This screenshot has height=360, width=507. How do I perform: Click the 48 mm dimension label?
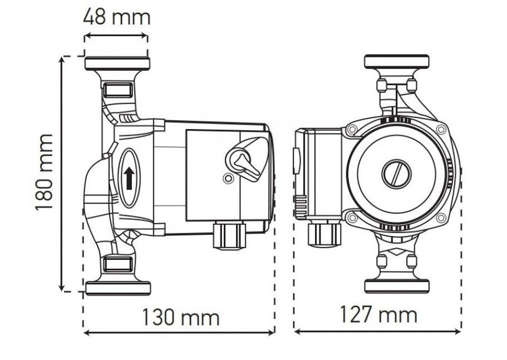click(x=117, y=17)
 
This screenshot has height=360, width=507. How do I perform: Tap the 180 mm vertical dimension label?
click(x=43, y=172)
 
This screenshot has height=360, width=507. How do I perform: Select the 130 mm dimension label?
click(x=181, y=318)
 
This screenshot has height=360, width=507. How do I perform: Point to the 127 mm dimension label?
click(x=378, y=314)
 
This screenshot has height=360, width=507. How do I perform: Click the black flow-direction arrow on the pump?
click(x=129, y=178)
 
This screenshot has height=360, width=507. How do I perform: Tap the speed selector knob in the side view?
click(x=243, y=160)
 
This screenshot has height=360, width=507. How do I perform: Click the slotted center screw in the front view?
click(x=397, y=174)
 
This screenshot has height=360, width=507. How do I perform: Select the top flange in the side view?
click(x=117, y=63)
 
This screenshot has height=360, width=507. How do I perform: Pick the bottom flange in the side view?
click(x=119, y=288)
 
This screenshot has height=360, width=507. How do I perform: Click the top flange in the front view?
click(x=397, y=61)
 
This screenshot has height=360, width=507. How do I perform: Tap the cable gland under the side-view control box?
click(x=229, y=235)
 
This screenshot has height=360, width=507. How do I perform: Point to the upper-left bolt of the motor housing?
click(x=352, y=130)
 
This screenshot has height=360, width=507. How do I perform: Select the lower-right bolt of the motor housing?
click(x=441, y=218)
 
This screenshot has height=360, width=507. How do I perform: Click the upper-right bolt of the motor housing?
click(x=441, y=130)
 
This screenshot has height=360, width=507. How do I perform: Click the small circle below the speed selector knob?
click(x=228, y=178)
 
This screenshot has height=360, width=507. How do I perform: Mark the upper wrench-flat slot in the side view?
click(x=117, y=90)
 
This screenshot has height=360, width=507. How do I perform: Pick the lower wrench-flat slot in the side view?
click(x=118, y=264)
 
